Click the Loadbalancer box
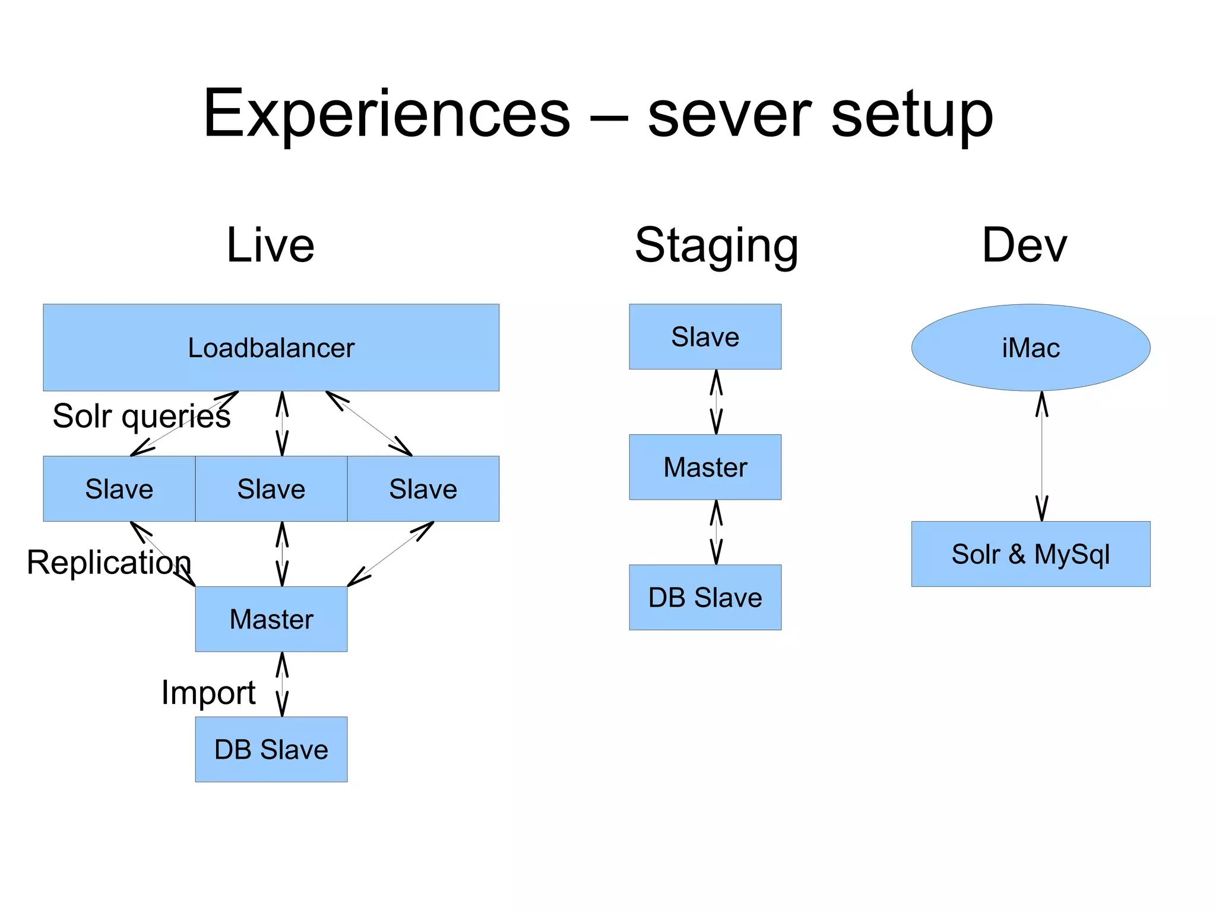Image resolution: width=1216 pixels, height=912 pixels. click(271, 348)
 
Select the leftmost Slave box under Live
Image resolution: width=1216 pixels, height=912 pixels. click(119, 489)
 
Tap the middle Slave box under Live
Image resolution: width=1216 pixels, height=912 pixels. click(271, 489)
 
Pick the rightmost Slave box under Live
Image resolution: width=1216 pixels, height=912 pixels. click(423, 489)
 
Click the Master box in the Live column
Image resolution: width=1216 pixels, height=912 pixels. click(271, 619)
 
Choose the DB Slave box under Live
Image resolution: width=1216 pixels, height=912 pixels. click(271, 749)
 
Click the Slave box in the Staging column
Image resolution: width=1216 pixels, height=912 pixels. click(705, 337)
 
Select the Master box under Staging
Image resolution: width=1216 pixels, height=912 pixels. click(705, 467)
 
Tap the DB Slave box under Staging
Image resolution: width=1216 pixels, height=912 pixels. click(705, 597)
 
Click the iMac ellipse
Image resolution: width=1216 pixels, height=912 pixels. click(1030, 348)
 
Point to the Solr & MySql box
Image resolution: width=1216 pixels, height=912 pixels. click(1030, 554)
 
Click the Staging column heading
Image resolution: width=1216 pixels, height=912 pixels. click(716, 245)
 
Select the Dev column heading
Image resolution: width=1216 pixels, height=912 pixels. click(1024, 245)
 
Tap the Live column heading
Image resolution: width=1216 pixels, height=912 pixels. click(270, 245)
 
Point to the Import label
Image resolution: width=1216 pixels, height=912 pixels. click(208, 692)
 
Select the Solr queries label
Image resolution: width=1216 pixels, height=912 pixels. click(141, 415)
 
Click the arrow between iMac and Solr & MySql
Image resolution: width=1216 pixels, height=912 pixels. click(1041, 456)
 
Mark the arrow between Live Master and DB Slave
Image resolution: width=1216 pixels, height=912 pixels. click(282, 684)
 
